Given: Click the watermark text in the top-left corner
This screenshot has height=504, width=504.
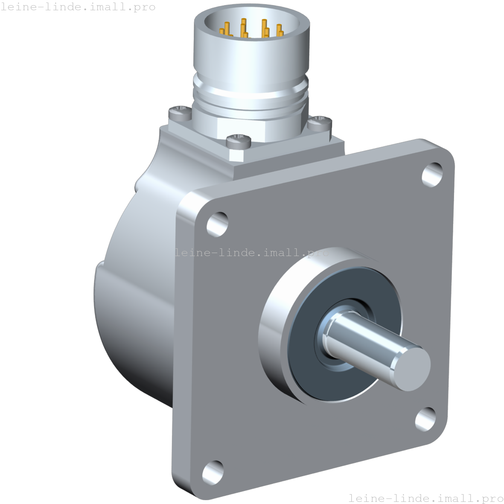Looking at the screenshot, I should [x=78, y=7].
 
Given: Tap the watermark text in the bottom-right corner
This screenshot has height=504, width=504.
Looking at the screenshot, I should [x=425, y=498].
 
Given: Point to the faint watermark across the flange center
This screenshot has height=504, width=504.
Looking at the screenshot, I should [x=252, y=253].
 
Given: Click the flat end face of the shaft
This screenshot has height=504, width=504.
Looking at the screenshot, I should [x=412, y=368].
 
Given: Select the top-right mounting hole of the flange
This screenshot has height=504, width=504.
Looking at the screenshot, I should [x=432, y=174].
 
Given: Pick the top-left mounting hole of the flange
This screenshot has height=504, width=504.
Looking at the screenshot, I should [x=217, y=224].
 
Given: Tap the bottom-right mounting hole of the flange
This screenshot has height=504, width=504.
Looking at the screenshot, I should [x=425, y=420].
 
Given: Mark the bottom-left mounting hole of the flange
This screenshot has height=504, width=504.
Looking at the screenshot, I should [x=213, y=471].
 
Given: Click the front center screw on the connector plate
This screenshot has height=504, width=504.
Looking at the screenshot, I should [x=238, y=140].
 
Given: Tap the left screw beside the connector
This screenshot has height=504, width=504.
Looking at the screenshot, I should [x=180, y=113].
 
